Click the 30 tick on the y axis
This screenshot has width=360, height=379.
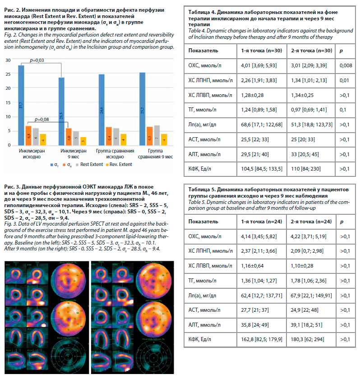point(7,60)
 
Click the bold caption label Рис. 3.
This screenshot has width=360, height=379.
point(12,187)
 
